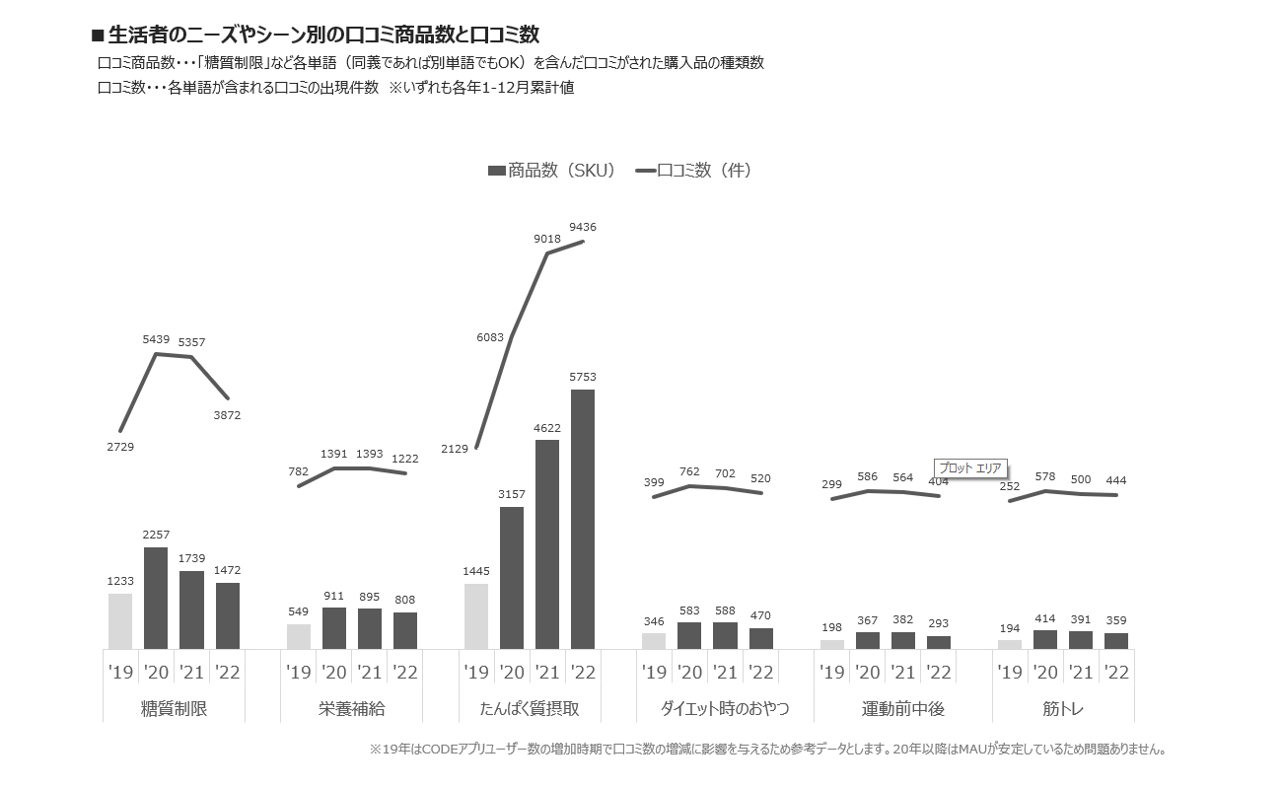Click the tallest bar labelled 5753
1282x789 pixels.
click(x=583, y=519)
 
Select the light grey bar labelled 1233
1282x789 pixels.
click(x=120, y=620)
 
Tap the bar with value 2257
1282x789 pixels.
click(x=156, y=598)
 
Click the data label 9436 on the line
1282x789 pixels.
click(x=583, y=228)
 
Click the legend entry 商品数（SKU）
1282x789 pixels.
click(x=552, y=171)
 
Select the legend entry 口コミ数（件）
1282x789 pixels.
click(x=695, y=171)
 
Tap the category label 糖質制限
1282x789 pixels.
click(x=175, y=709)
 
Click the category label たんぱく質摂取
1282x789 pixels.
click(x=530, y=709)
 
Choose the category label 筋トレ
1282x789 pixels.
click(x=1063, y=709)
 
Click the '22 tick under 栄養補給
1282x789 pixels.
click(x=405, y=673)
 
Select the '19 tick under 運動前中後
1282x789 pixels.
click(x=832, y=673)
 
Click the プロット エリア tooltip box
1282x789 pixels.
click(x=970, y=467)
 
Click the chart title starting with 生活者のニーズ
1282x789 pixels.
click(x=316, y=36)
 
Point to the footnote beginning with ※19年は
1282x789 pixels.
click(x=768, y=750)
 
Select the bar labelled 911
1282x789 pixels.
click(x=334, y=627)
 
